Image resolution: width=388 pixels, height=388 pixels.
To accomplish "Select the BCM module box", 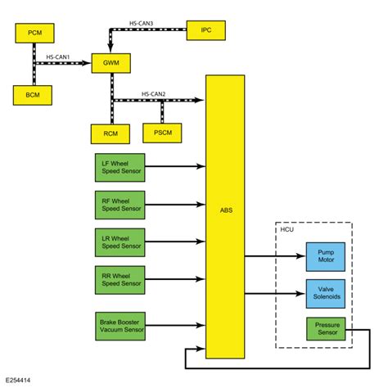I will coord(34,95).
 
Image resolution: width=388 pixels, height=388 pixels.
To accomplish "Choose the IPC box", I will coord(205,30).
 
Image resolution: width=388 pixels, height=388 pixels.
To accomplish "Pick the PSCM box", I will coord(162,133).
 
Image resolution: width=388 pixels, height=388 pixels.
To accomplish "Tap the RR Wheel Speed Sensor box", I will coord(120,280).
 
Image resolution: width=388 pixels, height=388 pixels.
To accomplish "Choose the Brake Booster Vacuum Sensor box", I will coord(120,326).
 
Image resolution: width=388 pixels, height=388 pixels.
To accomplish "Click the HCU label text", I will coord(286,229).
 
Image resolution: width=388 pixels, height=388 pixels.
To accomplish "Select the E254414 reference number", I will coord(21,381).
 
